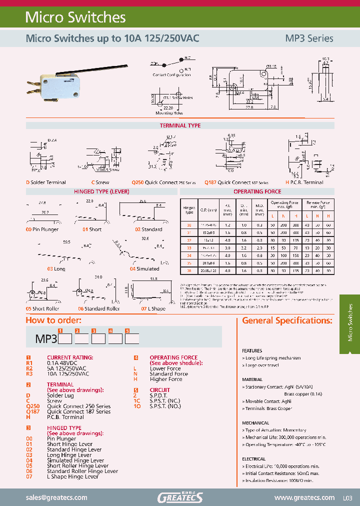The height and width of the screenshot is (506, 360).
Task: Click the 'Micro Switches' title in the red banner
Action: (75, 17)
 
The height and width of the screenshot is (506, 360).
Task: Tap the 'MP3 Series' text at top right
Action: (308, 38)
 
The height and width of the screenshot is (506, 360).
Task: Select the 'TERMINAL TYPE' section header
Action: (180, 126)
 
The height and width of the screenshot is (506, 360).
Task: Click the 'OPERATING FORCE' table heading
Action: (257, 191)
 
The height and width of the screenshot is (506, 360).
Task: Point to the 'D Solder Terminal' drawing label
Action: (46, 182)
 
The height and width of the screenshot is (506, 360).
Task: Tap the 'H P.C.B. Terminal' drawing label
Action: (304, 182)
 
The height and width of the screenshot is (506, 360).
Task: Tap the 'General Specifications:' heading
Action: (287, 320)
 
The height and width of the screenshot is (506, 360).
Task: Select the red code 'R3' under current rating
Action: (29, 373)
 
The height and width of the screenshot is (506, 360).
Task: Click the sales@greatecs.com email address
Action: (56, 497)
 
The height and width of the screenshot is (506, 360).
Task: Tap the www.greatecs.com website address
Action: (304, 497)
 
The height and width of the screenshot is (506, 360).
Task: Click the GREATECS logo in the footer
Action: (180, 497)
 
